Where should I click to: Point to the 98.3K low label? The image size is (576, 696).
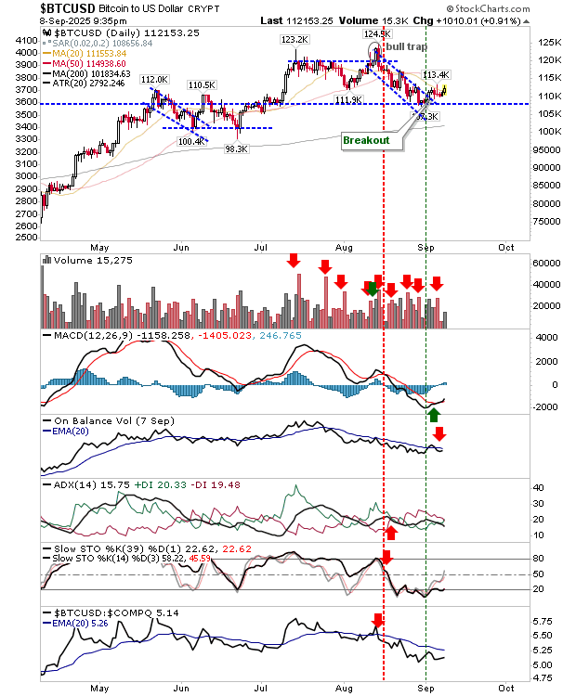click(236, 148)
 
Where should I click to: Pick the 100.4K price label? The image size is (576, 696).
click(190, 142)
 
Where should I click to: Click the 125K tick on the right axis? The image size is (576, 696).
click(528, 43)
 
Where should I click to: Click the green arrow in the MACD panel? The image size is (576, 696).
click(435, 414)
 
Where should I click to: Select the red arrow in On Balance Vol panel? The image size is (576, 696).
click(440, 432)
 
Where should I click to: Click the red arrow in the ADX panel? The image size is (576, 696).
click(391, 532)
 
